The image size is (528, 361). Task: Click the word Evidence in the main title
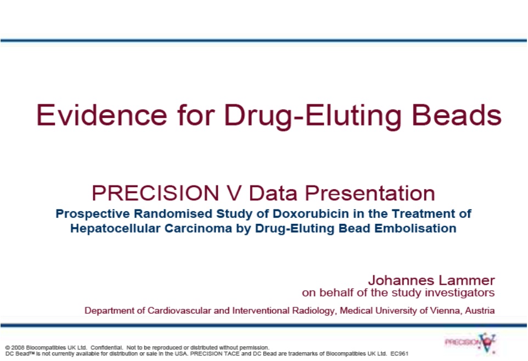[x=102, y=115]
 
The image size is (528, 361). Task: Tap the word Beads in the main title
[x=457, y=115]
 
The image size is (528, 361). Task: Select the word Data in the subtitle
[x=273, y=193]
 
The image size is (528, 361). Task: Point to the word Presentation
[x=370, y=193]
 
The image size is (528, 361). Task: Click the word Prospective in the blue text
[x=93, y=214]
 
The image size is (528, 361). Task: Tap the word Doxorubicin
[x=311, y=213]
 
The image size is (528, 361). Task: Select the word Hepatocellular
[x=115, y=228]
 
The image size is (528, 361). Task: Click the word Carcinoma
[x=198, y=228]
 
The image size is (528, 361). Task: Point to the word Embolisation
[x=415, y=228]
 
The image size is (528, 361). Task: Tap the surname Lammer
[x=463, y=280]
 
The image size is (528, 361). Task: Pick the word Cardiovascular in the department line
[x=179, y=311]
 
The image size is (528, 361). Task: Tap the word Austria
[x=480, y=311]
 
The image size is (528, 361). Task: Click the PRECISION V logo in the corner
[x=470, y=343]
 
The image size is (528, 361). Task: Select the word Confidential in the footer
[x=106, y=347]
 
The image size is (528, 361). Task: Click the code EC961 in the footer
[x=400, y=353]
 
